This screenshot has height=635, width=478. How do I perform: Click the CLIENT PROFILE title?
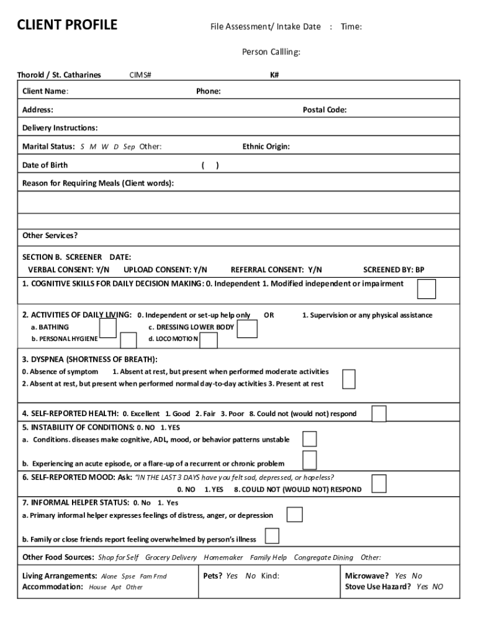pos(67,25)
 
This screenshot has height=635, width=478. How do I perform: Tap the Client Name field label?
pos(45,91)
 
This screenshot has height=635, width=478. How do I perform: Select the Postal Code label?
pos(325,110)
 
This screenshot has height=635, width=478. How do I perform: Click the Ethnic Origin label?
pos(266,147)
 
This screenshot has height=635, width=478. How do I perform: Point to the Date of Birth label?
pos(45,165)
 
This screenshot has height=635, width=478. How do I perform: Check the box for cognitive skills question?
pos(426,289)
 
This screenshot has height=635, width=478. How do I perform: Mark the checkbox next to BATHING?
pos(108,327)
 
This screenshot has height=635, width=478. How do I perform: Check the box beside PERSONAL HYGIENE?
pos(129,340)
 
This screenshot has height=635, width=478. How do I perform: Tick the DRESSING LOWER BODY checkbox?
pos(247,329)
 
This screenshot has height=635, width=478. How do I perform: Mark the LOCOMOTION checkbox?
pos(209,340)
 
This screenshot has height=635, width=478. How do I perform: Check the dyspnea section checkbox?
pos(349,379)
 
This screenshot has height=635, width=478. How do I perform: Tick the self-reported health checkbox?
pos(379,414)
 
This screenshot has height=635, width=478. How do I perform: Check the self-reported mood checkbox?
pos(379,483)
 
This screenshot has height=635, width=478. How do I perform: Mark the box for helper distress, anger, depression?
pos(294,515)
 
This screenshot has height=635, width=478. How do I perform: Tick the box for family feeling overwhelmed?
pos(272,536)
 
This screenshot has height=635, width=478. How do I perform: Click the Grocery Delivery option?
pos(171,557)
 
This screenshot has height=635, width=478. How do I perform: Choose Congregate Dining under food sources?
pos(323,557)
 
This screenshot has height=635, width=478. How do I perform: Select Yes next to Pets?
pos(232,575)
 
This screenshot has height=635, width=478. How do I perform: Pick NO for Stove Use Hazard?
pos(438,587)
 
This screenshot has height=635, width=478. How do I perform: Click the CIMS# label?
pos(140,75)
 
